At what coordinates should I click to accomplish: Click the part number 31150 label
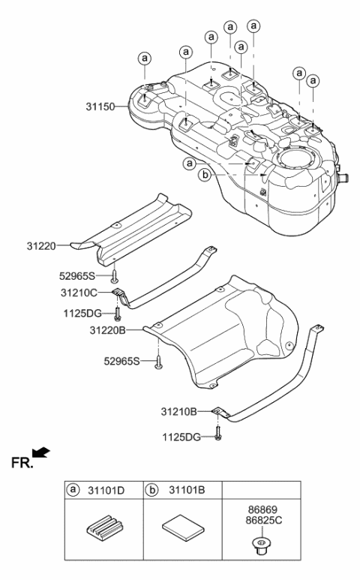pyautogui.click(x=100, y=107)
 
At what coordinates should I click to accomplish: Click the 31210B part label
pyautogui.click(x=180, y=411)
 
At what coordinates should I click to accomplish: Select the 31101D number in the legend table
pyautogui.click(x=107, y=491)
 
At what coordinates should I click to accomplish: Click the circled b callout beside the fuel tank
pyautogui.click(x=204, y=175)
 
